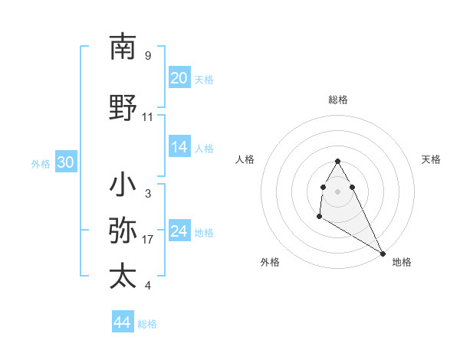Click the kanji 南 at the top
pyautogui.click(x=123, y=47)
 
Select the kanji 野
pyautogui.click(x=123, y=108)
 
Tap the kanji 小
pyautogui.click(x=123, y=185)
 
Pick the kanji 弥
pyautogui.click(x=123, y=231)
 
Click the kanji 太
pyautogui.click(x=123, y=277)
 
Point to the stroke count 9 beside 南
pyautogui.click(x=147, y=56)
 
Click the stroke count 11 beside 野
pyautogui.click(x=148, y=117)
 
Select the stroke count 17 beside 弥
pyautogui.click(x=148, y=240)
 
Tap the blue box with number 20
pyautogui.click(x=179, y=78)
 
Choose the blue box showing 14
pyautogui.click(x=179, y=147)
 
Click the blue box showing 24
pyautogui.click(x=179, y=231)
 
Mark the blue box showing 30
pyautogui.click(x=66, y=162)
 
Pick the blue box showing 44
pyautogui.click(x=122, y=322)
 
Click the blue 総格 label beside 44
pyautogui.click(x=147, y=324)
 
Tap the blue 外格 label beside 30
pyautogui.click(x=41, y=164)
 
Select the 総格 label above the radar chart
pyautogui.click(x=337, y=100)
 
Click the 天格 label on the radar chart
pyautogui.click(x=432, y=159)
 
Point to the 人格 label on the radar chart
pyautogui.click(x=245, y=159)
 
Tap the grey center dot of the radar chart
pyautogui.click(x=337, y=191)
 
